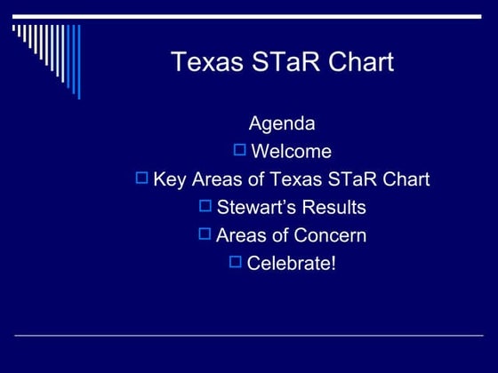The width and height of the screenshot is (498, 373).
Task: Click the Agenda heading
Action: click(282, 123)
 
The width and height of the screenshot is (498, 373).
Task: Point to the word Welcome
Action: click(292, 151)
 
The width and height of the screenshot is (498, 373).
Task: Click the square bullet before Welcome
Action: click(240, 149)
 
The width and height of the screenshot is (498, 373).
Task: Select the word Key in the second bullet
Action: click(169, 179)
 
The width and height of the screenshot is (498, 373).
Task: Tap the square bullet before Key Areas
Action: click(142, 178)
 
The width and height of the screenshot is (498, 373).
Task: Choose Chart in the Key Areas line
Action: click(406, 179)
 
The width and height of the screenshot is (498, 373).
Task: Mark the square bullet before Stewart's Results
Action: click(205, 206)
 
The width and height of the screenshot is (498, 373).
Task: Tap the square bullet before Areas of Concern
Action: click(205, 234)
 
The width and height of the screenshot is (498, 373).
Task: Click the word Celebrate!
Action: click(292, 264)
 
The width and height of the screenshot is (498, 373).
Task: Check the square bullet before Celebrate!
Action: click(236, 262)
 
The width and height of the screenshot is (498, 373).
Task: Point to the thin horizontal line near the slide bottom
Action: click(249, 336)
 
